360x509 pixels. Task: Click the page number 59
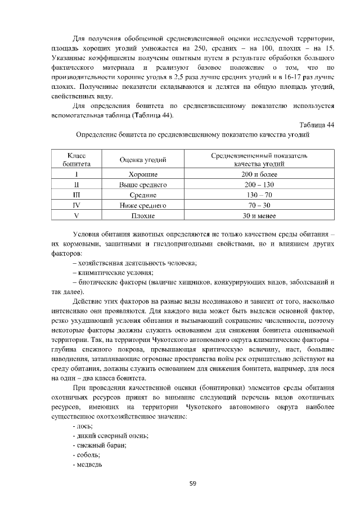(192, 483)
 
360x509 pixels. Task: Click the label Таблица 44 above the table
(315, 125)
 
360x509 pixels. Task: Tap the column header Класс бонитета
(76, 159)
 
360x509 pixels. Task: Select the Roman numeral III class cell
(76, 195)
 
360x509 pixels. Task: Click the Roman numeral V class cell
(76, 215)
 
